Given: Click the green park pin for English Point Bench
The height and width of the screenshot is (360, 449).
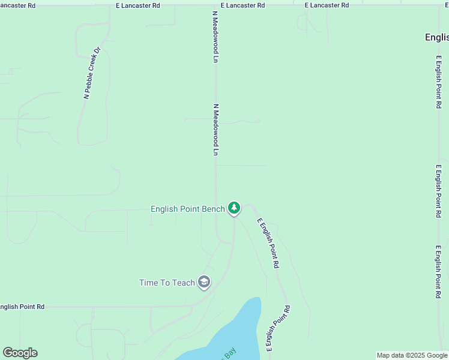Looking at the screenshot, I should (234, 208).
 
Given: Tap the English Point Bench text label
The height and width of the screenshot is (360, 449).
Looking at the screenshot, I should (187, 209).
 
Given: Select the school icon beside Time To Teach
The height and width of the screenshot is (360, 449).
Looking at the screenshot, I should (204, 282).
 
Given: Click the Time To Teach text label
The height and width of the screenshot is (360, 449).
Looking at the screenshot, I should (167, 283).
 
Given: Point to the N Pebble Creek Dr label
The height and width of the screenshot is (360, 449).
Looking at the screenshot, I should (92, 73).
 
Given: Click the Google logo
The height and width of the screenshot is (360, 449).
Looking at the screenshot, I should (20, 353).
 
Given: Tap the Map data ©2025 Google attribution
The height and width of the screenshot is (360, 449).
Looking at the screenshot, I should (411, 355).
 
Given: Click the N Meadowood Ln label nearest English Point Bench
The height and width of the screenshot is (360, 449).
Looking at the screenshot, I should (215, 130).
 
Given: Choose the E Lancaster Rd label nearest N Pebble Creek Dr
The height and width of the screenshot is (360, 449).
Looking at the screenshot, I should (138, 5).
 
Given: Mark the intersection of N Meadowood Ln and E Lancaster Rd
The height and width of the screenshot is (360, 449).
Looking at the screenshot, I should (215, 5).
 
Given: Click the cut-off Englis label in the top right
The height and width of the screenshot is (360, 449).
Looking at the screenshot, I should (436, 37).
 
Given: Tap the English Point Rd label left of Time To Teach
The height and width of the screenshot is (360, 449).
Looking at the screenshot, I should (22, 307).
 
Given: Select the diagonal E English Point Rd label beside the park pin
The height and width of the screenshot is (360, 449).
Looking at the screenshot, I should (268, 242).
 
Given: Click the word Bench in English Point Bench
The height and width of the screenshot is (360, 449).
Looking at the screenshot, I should (214, 209).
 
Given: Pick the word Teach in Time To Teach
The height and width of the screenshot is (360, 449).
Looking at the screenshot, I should (184, 283).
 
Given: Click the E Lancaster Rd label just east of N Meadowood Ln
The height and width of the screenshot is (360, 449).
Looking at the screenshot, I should (243, 5).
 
